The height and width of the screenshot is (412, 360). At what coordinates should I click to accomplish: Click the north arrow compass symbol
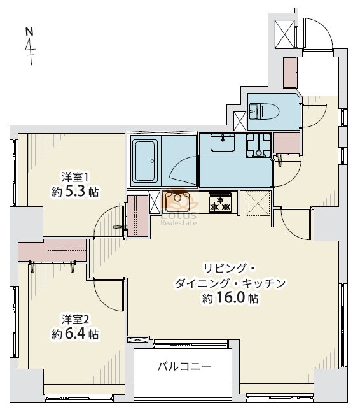point(30,46)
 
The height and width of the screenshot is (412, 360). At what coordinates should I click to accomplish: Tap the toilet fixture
point(264,111)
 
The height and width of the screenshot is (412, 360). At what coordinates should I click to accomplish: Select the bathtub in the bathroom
point(145,161)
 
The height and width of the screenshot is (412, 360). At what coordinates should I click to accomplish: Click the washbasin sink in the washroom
point(223,142)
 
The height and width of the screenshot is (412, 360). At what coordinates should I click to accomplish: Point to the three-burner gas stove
point(221,202)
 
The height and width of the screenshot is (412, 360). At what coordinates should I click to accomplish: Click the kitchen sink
point(177,202)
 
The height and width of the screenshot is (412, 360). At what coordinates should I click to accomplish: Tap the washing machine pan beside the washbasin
point(258,145)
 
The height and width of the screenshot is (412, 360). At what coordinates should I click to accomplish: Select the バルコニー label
point(184,366)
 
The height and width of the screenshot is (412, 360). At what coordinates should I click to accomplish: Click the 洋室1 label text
point(75,178)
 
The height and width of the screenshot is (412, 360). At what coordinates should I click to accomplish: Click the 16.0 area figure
point(231,298)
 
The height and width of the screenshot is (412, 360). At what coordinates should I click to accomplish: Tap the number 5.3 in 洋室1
point(75,192)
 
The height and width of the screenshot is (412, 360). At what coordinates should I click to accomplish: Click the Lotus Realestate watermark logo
point(179,208)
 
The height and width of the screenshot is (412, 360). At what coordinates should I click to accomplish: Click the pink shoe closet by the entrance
point(290,73)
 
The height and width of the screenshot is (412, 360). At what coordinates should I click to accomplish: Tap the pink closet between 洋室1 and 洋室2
point(52,250)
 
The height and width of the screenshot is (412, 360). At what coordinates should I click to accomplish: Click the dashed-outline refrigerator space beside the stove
point(258,203)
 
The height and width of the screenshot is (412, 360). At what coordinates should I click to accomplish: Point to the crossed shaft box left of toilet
point(240,121)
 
